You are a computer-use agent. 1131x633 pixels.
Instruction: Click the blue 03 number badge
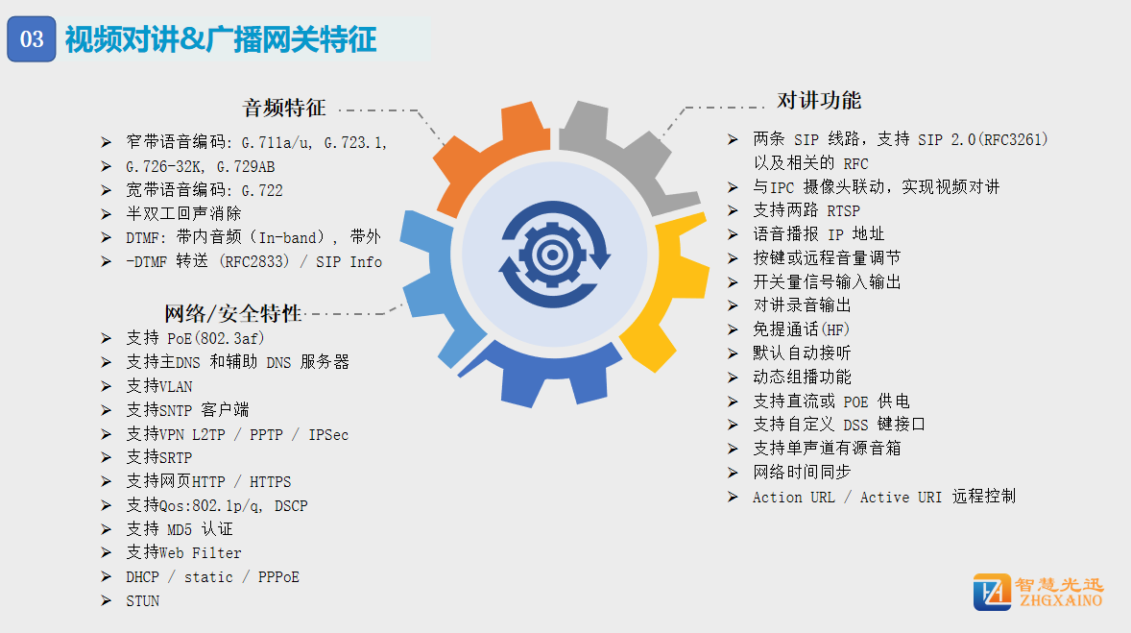(x=32, y=39)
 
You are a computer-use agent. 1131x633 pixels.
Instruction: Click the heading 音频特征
(x=284, y=109)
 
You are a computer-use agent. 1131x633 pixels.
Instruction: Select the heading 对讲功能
(x=819, y=100)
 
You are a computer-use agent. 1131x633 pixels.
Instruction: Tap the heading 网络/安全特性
(x=232, y=313)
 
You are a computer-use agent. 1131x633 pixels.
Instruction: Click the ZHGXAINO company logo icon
(x=992, y=592)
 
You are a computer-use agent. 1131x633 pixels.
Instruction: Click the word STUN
(x=143, y=601)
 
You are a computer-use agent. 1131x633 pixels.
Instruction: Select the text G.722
(x=262, y=190)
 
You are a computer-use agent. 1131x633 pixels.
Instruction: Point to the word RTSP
(x=843, y=210)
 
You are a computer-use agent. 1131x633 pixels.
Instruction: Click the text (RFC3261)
(x=1013, y=139)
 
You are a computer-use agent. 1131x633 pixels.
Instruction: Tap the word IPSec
(x=328, y=434)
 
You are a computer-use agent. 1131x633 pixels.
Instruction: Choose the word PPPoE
(x=278, y=577)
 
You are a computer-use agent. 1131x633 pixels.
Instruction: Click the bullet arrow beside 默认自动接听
(x=733, y=353)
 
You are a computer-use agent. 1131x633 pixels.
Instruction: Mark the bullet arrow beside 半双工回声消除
(x=106, y=213)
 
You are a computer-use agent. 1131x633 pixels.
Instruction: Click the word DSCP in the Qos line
(x=291, y=506)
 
